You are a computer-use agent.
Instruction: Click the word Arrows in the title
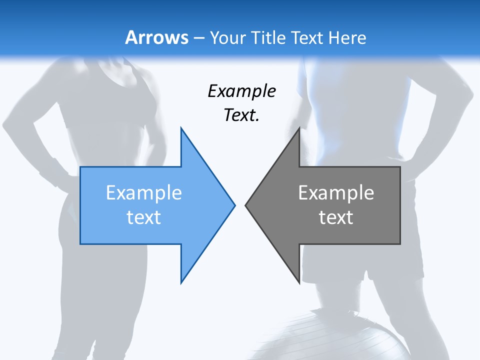[x=157, y=37]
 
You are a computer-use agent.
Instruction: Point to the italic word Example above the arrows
[x=242, y=91]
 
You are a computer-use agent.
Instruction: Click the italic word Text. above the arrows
[x=242, y=115]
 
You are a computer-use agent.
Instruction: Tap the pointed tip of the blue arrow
[x=234, y=204]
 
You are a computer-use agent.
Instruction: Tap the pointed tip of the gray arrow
[x=246, y=204]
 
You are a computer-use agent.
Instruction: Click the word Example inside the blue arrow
[x=144, y=193]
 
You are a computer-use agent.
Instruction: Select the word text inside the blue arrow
[x=144, y=217]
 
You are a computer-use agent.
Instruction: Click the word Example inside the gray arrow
[x=336, y=193]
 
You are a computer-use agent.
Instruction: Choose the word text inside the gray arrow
[x=336, y=217]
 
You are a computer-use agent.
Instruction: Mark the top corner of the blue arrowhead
[x=181, y=129]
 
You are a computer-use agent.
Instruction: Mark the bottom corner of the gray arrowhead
[x=299, y=282]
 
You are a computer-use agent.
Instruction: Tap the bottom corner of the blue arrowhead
[x=181, y=282]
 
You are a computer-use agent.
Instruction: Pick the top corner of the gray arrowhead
[x=299, y=129]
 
